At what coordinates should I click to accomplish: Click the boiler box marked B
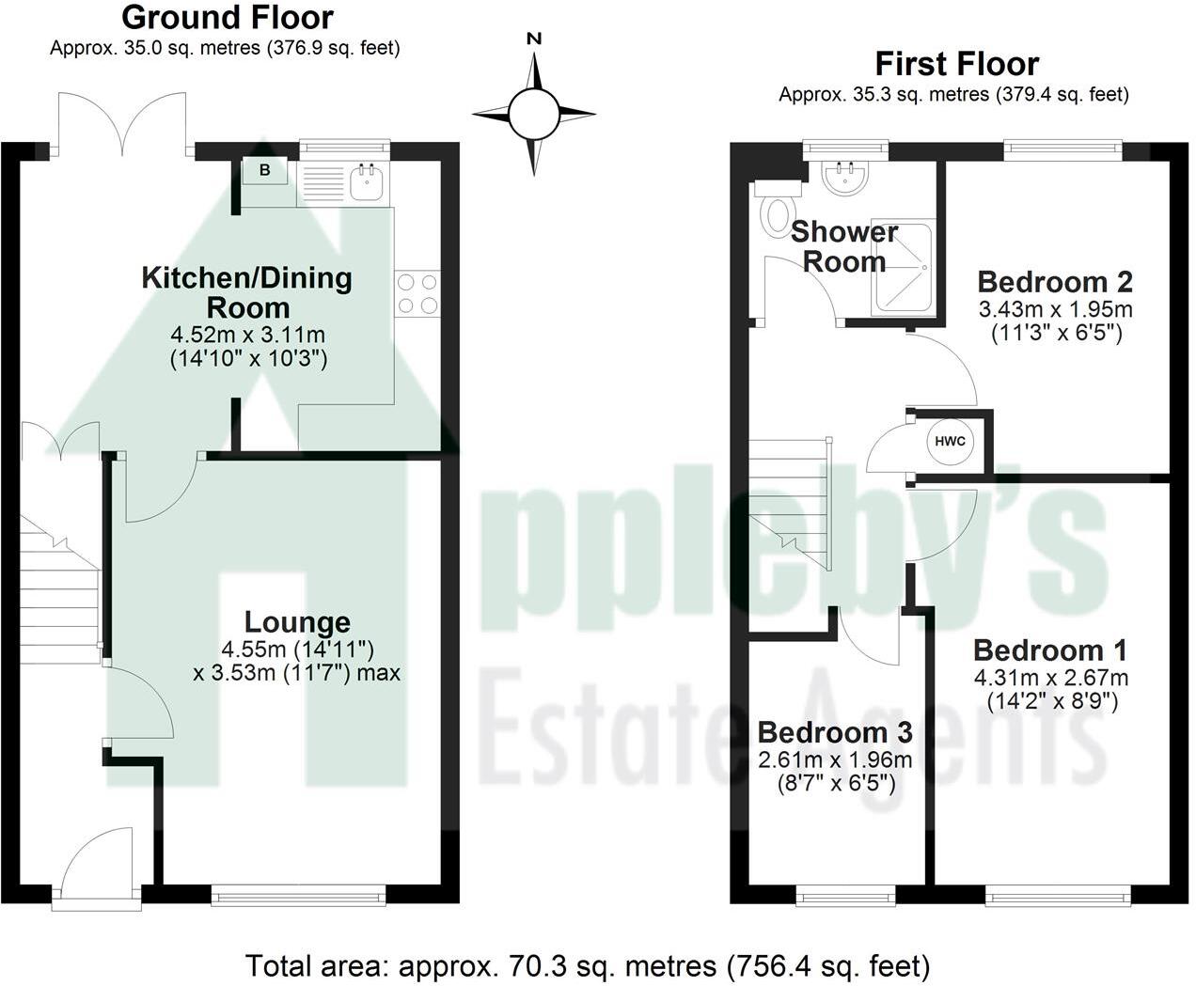[x=264, y=171]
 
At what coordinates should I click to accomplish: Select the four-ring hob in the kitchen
[x=417, y=292]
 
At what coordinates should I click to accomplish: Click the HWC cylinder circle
[x=950, y=442]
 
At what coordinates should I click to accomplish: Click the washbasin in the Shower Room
[x=843, y=178]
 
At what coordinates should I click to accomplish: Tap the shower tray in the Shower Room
[x=905, y=268]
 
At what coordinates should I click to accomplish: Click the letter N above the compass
[x=534, y=39]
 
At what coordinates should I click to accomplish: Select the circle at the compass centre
[x=534, y=114]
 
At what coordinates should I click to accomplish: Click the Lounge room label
[x=297, y=622]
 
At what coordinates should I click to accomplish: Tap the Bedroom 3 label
[x=835, y=732]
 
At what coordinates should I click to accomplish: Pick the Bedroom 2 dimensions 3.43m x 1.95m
[x=1055, y=309]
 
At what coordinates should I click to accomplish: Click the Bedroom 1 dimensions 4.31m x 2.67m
[x=1051, y=678]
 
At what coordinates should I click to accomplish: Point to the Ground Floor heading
[x=228, y=17]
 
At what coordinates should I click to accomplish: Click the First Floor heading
[x=956, y=64]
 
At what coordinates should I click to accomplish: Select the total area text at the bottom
[x=588, y=964]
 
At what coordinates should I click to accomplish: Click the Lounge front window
[x=299, y=897]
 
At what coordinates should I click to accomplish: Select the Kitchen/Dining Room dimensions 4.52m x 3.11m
[x=248, y=335]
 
